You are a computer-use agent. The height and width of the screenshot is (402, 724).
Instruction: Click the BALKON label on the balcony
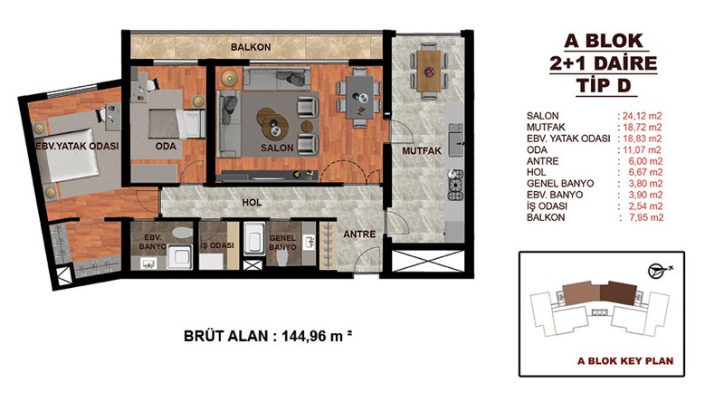point(251,47)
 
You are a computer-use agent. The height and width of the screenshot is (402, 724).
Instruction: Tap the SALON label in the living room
point(277,148)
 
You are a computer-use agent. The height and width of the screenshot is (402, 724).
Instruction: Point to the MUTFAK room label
point(422,150)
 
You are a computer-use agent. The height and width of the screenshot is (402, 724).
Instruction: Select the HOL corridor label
point(252,202)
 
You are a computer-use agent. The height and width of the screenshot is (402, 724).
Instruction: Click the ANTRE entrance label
point(359,234)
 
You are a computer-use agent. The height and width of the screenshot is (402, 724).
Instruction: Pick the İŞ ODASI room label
point(217,245)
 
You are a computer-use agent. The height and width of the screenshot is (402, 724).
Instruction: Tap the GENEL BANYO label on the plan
point(282,243)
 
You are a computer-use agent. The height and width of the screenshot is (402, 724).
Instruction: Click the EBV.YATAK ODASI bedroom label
point(77,146)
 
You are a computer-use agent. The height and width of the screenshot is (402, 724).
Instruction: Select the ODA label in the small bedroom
point(166,146)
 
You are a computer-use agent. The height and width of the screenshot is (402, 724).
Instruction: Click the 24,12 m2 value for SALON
point(643,116)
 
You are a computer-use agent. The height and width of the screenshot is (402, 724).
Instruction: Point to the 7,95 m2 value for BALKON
point(646,217)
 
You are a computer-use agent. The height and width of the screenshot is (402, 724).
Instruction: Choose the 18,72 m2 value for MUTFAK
point(643,127)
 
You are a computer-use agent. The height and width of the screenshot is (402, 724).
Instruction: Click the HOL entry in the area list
point(536,172)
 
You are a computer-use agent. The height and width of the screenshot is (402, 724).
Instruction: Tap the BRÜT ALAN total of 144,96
point(268,336)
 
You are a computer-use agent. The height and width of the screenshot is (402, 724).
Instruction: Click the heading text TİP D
point(604,85)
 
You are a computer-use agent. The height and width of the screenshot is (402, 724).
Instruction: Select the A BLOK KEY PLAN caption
point(625,361)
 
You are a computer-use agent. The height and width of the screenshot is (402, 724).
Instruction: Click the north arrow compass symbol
point(659,271)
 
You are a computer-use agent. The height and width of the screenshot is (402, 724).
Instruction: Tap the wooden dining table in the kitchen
point(429,71)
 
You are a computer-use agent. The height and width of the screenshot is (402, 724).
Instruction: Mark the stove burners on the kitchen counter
point(455,185)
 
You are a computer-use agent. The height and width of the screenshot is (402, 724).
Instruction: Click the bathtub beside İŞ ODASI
point(254,239)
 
